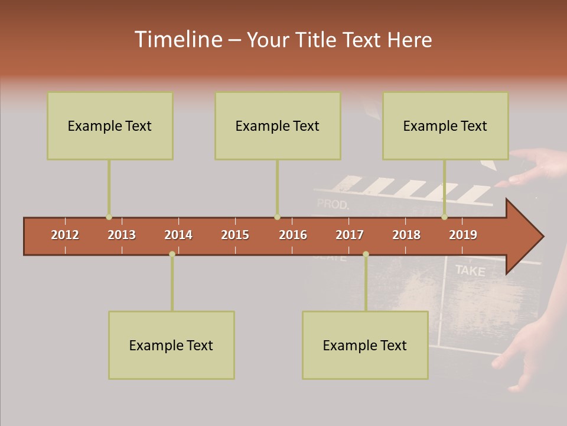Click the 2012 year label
pyautogui.click(x=65, y=235)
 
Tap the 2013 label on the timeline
pyautogui.click(x=122, y=235)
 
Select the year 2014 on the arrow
pyautogui.click(x=178, y=235)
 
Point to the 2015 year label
pyautogui.click(x=235, y=235)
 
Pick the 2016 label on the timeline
pyautogui.click(x=293, y=235)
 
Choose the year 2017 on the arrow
pyautogui.click(x=350, y=235)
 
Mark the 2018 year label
pyautogui.click(x=406, y=235)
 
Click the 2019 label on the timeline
pyautogui.click(x=463, y=235)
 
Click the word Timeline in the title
pyautogui.click(x=177, y=40)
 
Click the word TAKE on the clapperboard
pyautogui.click(x=470, y=271)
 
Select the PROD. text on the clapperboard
pyautogui.click(x=333, y=205)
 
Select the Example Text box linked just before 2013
pyautogui.click(x=110, y=125)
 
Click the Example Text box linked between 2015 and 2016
pyautogui.click(x=278, y=125)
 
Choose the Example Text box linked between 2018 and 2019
pyautogui.click(x=445, y=125)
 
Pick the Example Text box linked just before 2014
pyautogui.click(x=171, y=345)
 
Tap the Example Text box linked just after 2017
pyautogui.click(x=365, y=345)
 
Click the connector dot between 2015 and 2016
pyautogui.click(x=278, y=217)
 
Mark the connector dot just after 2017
pyautogui.click(x=366, y=254)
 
